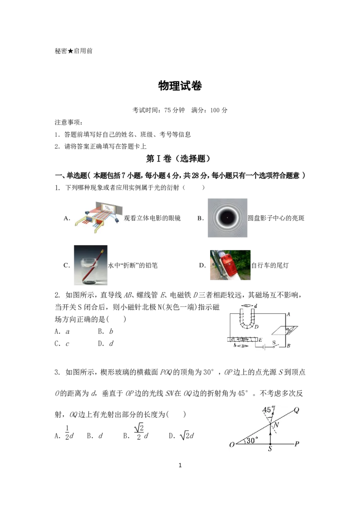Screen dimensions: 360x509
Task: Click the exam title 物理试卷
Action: pos(180,86)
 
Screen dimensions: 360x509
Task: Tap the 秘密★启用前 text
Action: pos(74,51)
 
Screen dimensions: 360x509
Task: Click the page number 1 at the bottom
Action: pos(180,465)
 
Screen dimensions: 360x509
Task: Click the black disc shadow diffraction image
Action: pos(227,218)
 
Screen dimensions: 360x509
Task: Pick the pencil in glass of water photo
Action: pos(90,265)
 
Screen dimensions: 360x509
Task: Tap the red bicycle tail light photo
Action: pos(230,265)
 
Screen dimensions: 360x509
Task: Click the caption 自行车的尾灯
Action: pos(270,265)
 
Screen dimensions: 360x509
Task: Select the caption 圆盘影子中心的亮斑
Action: pos(276,218)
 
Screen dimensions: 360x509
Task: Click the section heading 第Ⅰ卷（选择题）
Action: pos(178,158)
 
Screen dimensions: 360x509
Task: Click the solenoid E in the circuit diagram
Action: pos(243,339)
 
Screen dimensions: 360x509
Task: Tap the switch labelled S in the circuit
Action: pos(274,345)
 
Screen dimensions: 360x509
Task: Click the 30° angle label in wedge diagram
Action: pos(252,440)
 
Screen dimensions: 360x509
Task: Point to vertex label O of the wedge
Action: pos(232,444)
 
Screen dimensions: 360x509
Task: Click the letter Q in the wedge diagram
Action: pos(296,410)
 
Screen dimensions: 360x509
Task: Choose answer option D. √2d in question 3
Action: pos(181,435)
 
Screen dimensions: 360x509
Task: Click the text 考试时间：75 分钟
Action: pos(158,110)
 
